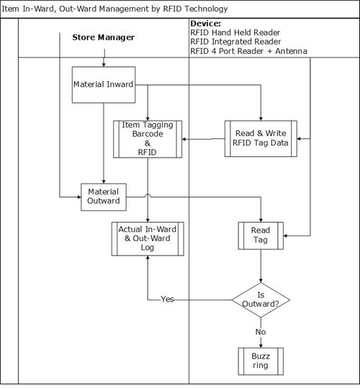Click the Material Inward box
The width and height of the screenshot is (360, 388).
coord(104,85)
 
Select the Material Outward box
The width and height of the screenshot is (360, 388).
coord(104,197)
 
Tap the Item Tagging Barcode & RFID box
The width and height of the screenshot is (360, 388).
coord(148,139)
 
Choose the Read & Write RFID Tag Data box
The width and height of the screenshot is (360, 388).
coord(261,138)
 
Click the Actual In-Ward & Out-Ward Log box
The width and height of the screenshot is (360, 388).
coord(148,238)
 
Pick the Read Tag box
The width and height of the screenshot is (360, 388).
coord(261,235)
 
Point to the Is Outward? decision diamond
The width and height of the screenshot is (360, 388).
coord(261,300)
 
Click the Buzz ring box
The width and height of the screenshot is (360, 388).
coord(261,361)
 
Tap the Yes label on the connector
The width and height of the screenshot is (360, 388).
coord(167,299)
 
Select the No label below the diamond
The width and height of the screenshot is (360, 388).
coord(261,332)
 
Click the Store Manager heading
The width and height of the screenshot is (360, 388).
coord(104,37)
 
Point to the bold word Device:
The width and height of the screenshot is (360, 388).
coord(206,24)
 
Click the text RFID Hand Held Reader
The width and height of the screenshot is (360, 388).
coord(235,32)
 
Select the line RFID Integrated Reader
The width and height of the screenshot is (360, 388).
coord(235,42)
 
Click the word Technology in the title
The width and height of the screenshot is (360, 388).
coord(206,9)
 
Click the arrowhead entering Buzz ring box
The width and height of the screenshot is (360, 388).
coord(261,346)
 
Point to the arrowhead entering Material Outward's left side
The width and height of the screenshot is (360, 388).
coord(79,197)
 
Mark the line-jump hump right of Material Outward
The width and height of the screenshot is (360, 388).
coord(148,196)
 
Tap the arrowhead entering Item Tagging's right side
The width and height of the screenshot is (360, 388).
coord(184,139)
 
